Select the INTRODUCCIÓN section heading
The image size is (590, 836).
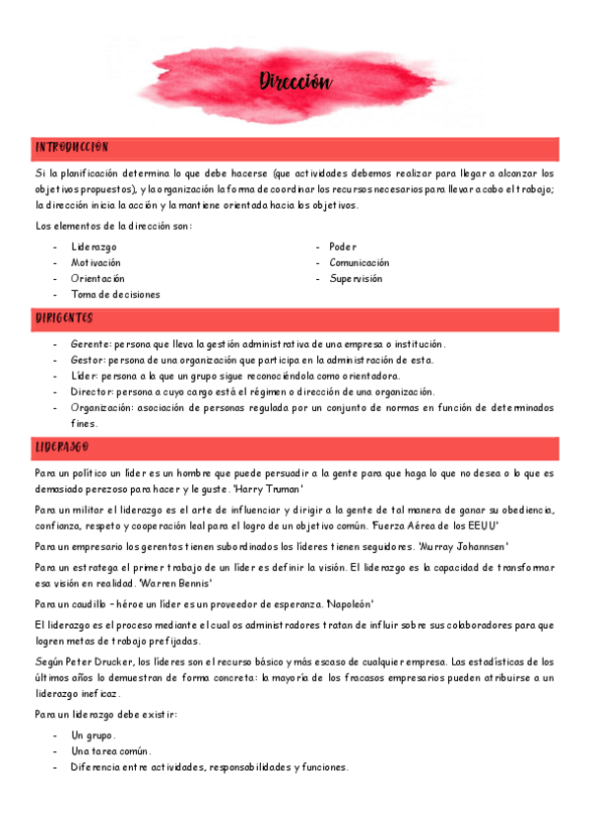[x=71, y=147]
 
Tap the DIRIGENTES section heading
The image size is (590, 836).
[x=64, y=318]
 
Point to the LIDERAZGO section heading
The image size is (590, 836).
[x=62, y=448]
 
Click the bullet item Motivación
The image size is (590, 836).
[x=96, y=263]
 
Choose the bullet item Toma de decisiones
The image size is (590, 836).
[x=115, y=295]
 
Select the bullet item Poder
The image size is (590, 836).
[x=343, y=246]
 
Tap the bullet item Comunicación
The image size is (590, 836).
[x=360, y=263]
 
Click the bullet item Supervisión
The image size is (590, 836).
[x=356, y=279]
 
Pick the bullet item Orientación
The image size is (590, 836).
[x=98, y=279]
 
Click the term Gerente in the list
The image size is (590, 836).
[x=91, y=344]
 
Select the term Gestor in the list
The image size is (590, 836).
[x=89, y=360]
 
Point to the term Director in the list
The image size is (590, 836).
[x=92, y=391]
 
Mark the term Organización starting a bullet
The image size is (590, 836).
[x=101, y=407]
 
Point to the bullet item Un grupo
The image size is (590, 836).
[x=93, y=735]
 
